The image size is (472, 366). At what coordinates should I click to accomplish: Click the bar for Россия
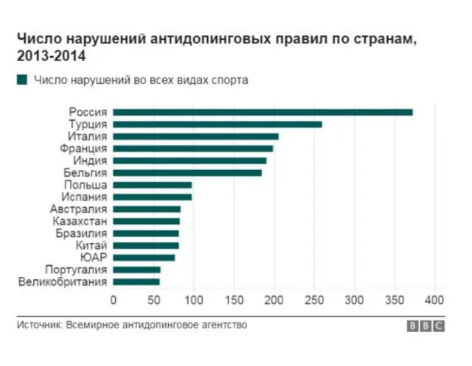(x=263, y=112)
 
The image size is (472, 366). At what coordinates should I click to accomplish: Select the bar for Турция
(x=218, y=124)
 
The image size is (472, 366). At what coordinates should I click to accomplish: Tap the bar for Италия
(x=195, y=136)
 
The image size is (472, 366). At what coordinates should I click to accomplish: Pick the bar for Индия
(x=190, y=161)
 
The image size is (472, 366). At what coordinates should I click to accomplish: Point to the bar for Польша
(x=152, y=185)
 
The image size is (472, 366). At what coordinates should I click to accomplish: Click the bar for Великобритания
(x=136, y=281)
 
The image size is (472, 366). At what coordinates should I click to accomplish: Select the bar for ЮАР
(x=144, y=257)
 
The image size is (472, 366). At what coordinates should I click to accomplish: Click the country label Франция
(x=84, y=149)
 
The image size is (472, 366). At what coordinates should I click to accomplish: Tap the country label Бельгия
(x=86, y=173)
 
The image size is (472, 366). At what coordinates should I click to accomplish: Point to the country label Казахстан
(x=80, y=221)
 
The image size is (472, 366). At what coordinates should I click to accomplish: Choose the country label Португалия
(x=77, y=270)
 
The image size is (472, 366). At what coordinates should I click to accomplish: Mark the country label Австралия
(x=81, y=209)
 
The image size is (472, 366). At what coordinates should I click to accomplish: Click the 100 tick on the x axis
(x=193, y=300)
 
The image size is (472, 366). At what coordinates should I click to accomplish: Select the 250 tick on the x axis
(x=314, y=300)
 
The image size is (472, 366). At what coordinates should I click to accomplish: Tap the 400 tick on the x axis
(x=435, y=300)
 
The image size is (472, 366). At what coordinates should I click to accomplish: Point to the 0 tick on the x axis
(x=113, y=300)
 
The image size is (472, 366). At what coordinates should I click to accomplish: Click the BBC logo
(x=426, y=325)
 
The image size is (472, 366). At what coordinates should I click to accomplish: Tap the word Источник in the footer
(x=38, y=325)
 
